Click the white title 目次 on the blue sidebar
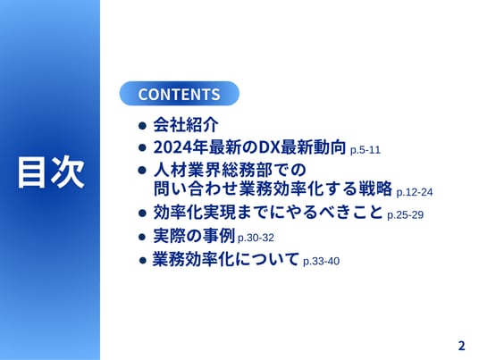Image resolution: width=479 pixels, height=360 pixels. pos(51,172)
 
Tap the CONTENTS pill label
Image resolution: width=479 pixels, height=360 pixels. pos(179,94)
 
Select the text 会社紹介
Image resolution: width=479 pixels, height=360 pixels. pos(186,124)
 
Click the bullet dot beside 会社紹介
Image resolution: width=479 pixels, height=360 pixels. pos(142,125)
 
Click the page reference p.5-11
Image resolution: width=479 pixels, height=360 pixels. pos(365,150)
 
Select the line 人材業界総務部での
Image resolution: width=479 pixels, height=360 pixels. pos(230,170)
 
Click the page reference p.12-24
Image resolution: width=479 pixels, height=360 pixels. pos(415,192)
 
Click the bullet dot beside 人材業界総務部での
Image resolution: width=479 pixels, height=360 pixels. pos(142,170)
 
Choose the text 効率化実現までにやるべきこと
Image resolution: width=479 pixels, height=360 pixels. pos(268,212)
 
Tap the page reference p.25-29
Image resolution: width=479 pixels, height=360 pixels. pos(405,215)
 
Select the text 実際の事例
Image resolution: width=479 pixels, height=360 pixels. pos(194,236)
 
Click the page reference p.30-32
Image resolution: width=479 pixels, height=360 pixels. pos(256,238)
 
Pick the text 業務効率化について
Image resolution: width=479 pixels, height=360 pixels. pos(225,259)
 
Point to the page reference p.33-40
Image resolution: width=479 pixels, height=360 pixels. pos(321,262)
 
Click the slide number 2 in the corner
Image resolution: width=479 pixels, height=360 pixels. pos(461,346)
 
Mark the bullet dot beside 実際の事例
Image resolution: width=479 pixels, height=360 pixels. pos(142,237)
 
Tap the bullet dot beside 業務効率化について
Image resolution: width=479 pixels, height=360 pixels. pos(142,260)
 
